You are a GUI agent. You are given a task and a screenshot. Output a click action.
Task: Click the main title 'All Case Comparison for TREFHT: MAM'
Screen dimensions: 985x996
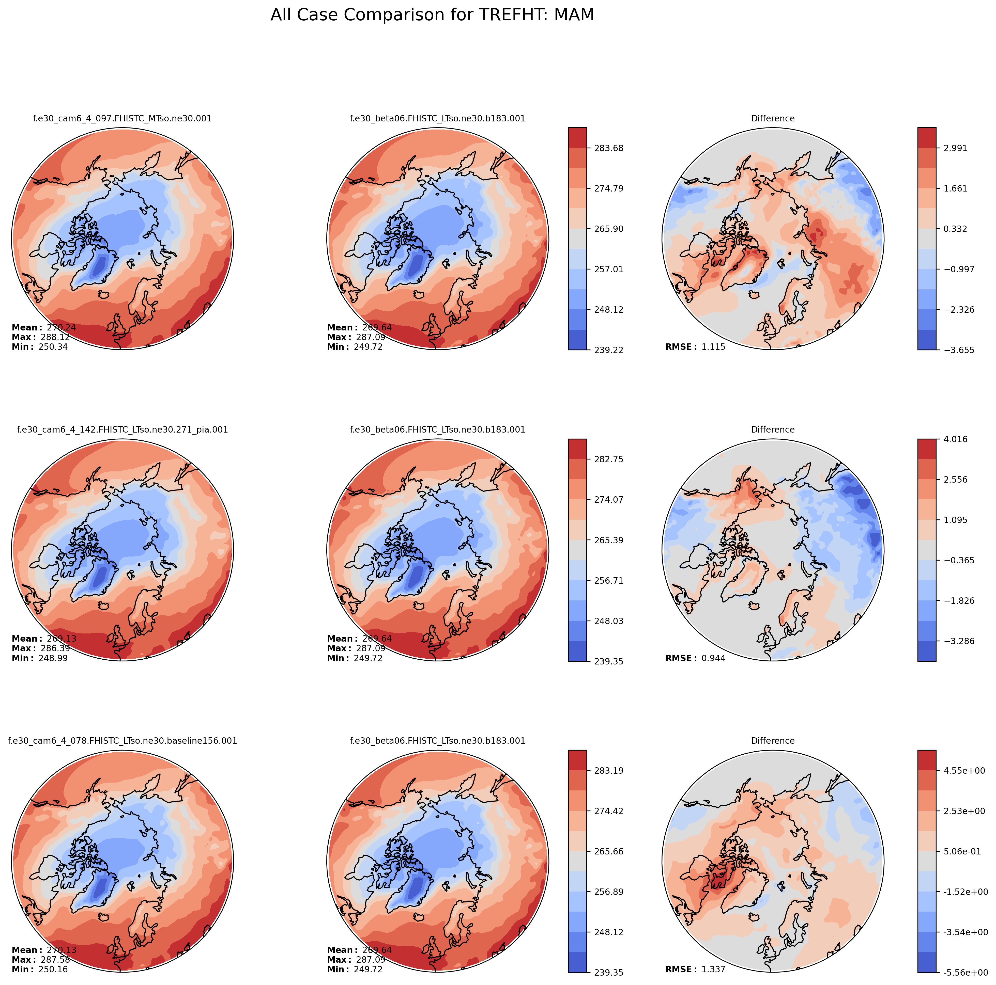click(x=432, y=15)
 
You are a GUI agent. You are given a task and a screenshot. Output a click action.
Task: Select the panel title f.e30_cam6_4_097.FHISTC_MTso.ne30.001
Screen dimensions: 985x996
click(x=122, y=118)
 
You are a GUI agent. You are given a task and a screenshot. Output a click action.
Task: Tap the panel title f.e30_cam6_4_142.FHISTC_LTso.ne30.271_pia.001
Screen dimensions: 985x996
click(x=122, y=430)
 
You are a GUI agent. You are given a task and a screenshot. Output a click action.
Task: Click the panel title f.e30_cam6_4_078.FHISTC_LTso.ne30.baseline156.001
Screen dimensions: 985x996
click(x=122, y=741)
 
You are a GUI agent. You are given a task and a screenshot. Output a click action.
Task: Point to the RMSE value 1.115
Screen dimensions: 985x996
click(x=713, y=347)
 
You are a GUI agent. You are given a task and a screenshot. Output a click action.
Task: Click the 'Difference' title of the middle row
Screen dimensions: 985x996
click(x=773, y=430)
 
